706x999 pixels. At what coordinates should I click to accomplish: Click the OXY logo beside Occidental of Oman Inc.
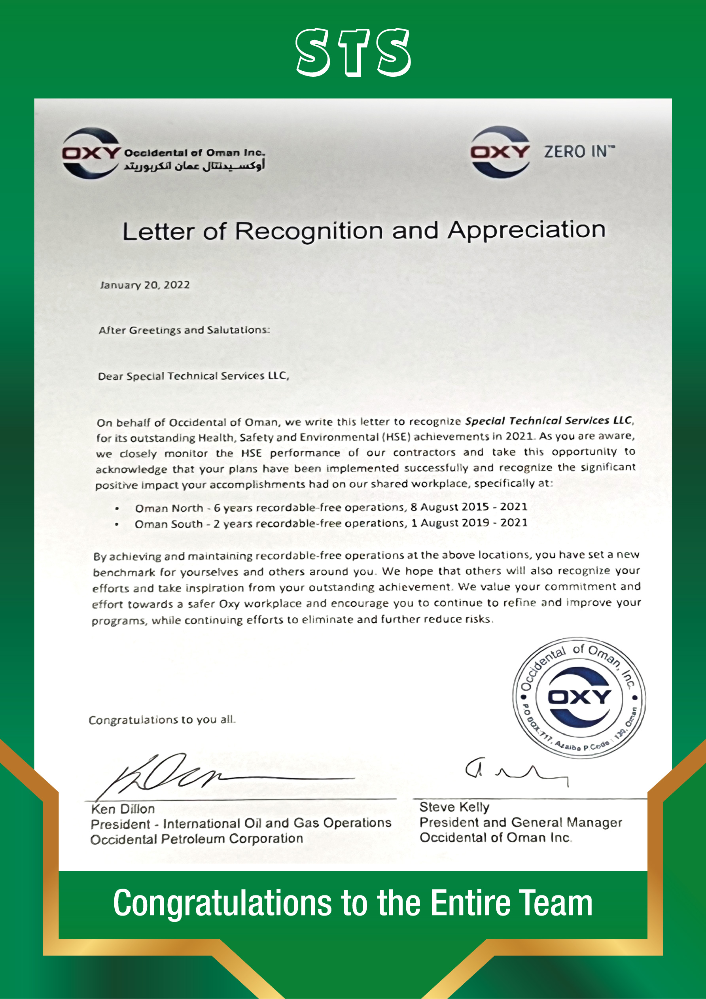click(x=91, y=153)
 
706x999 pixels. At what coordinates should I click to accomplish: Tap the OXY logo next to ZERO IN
click(x=500, y=152)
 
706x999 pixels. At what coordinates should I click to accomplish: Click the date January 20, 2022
click(x=145, y=285)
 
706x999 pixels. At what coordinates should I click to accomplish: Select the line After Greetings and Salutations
click(x=184, y=330)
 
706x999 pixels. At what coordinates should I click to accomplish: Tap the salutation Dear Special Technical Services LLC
click(x=193, y=376)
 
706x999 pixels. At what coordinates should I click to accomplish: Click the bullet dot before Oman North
click(x=117, y=509)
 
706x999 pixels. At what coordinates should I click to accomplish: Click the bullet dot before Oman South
click(x=117, y=524)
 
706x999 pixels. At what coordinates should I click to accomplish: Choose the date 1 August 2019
click(x=450, y=522)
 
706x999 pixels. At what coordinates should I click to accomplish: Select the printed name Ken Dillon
click(x=123, y=809)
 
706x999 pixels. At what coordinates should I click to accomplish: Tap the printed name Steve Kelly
click(x=454, y=807)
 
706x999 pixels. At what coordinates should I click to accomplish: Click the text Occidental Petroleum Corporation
click(x=197, y=839)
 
